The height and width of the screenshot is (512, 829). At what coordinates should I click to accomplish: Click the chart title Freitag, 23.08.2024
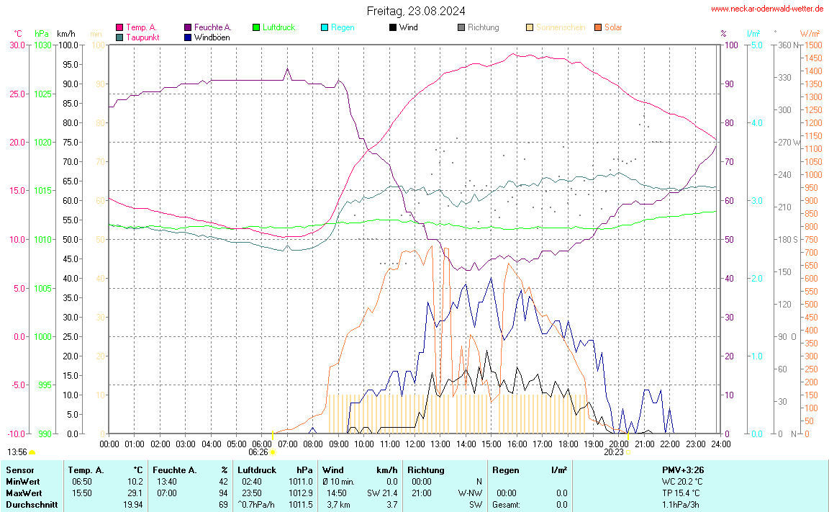[x=415, y=11]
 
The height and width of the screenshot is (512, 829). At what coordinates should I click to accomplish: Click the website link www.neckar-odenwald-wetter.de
[x=767, y=9]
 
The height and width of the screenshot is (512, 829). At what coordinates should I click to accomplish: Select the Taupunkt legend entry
[x=142, y=37]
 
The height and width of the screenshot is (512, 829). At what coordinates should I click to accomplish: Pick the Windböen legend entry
[x=212, y=37]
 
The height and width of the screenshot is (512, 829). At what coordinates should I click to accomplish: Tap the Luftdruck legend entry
[x=278, y=27]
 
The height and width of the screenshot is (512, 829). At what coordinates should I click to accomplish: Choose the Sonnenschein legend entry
[x=561, y=27]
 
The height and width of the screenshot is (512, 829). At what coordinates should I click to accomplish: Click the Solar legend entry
[x=613, y=27]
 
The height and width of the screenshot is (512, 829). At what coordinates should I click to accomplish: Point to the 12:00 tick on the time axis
[x=414, y=444]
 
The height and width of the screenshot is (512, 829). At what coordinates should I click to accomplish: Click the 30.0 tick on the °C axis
[x=17, y=45]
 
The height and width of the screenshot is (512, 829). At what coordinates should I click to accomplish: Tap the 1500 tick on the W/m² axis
[x=812, y=45]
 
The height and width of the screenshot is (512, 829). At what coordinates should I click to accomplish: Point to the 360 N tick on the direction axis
[x=785, y=45]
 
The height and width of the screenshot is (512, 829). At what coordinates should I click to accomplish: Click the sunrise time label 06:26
[x=258, y=453]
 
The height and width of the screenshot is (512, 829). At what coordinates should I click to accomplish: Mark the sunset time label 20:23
[x=614, y=453]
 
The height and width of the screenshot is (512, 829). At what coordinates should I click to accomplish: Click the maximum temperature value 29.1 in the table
[x=135, y=493]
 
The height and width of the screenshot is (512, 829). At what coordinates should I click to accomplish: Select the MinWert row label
[x=22, y=481]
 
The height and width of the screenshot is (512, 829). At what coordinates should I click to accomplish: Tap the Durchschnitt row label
[x=32, y=504]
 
